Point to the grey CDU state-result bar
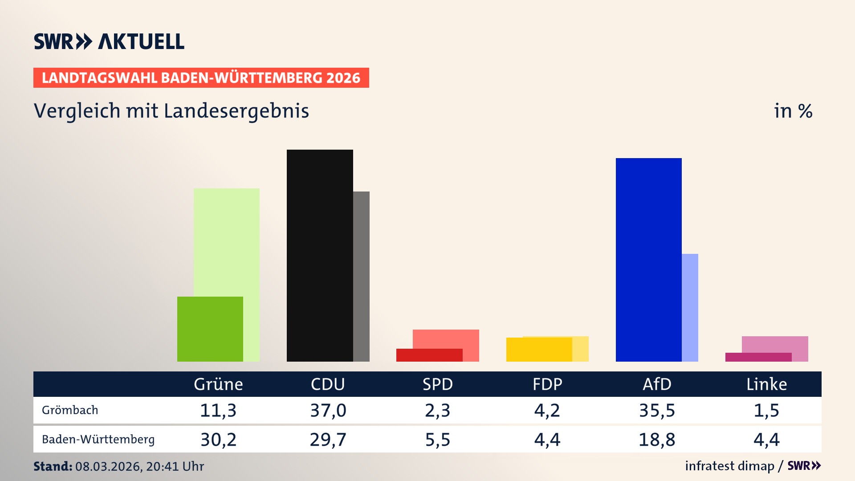tap(361, 276)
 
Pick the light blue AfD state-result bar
tap(690, 307)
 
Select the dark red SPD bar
tap(429, 355)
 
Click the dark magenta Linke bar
tap(758, 357)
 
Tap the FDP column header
tap(547, 384)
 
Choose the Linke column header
tap(766, 384)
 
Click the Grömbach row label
tap(70, 410)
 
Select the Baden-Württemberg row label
tap(98, 440)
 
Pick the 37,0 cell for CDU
tap(328, 410)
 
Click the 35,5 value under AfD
tap(657, 410)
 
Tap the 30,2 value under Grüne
tap(218, 440)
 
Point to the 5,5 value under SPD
tap(437, 440)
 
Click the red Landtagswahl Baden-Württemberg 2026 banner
tap(201, 78)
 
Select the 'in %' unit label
tap(793, 111)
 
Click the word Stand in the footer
tap(52, 466)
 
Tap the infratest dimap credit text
tap(729, 466)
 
